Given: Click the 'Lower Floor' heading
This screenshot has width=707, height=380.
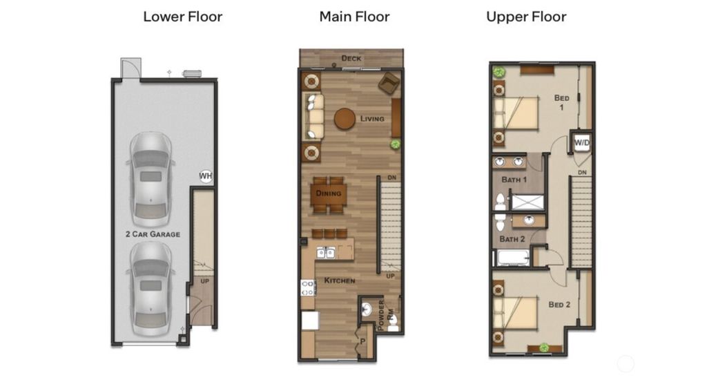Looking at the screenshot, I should pyautogui.click(x=182, y=17).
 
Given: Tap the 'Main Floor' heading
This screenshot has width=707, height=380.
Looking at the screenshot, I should pyautogui.click(x=354, y=17).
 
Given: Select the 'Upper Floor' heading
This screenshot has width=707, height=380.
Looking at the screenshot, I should pyautogui.click(x=527, y=17).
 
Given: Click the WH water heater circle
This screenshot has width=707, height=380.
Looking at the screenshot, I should pyautogui.click(x=206, y=176).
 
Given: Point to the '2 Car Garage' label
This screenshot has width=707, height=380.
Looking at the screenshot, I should pyautogui.click(x=153, y=234).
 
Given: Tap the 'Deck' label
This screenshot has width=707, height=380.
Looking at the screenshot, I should pyautogui.click(x=351, y=59).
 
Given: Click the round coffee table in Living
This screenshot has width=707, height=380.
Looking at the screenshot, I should pyautogui.click(x=345, y=119).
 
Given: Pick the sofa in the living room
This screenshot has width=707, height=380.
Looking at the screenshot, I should pyautogui.click(x=315, y=117).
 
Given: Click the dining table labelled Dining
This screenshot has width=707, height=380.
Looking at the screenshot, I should pyautogui.click(x=329, y=193).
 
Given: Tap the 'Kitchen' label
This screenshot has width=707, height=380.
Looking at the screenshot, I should pyautogui.click(x=340, y=281).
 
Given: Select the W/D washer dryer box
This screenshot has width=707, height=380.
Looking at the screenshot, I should pyautogui.click(x=582, y=142).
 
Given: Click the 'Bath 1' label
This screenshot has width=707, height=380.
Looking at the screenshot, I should pyautogui.click(x=514, y=180).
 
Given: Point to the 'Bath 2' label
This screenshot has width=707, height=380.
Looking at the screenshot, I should pyautogui.click(x=513, y=239).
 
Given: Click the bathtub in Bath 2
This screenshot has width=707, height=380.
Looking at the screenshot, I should pyautogui.click(x=513, y=258).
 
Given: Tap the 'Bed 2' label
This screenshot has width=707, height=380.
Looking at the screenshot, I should pyautogui.click(x=559, y=304).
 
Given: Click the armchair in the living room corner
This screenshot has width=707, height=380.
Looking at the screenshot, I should pyautogui.click(x=388, y=83).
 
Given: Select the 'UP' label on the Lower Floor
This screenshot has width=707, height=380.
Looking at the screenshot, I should pyautogui.click(x=205, y=282).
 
